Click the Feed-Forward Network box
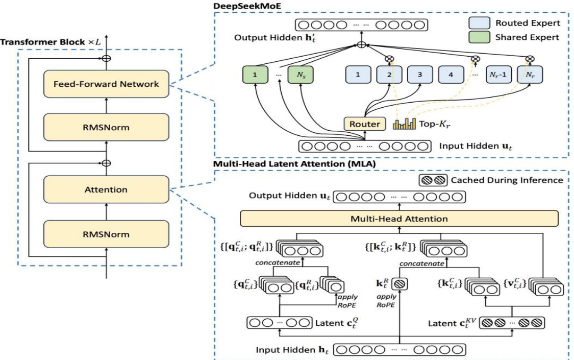107,84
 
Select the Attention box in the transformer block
107,189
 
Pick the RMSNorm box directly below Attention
107,234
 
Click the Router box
364,124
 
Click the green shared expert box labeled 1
255,75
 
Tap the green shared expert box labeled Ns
300,75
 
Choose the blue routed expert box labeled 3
420,75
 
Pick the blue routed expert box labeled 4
450,75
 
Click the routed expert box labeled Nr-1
497,75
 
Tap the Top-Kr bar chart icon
405,124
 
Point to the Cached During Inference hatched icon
432,180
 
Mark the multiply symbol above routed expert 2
390,58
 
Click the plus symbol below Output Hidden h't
361,45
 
